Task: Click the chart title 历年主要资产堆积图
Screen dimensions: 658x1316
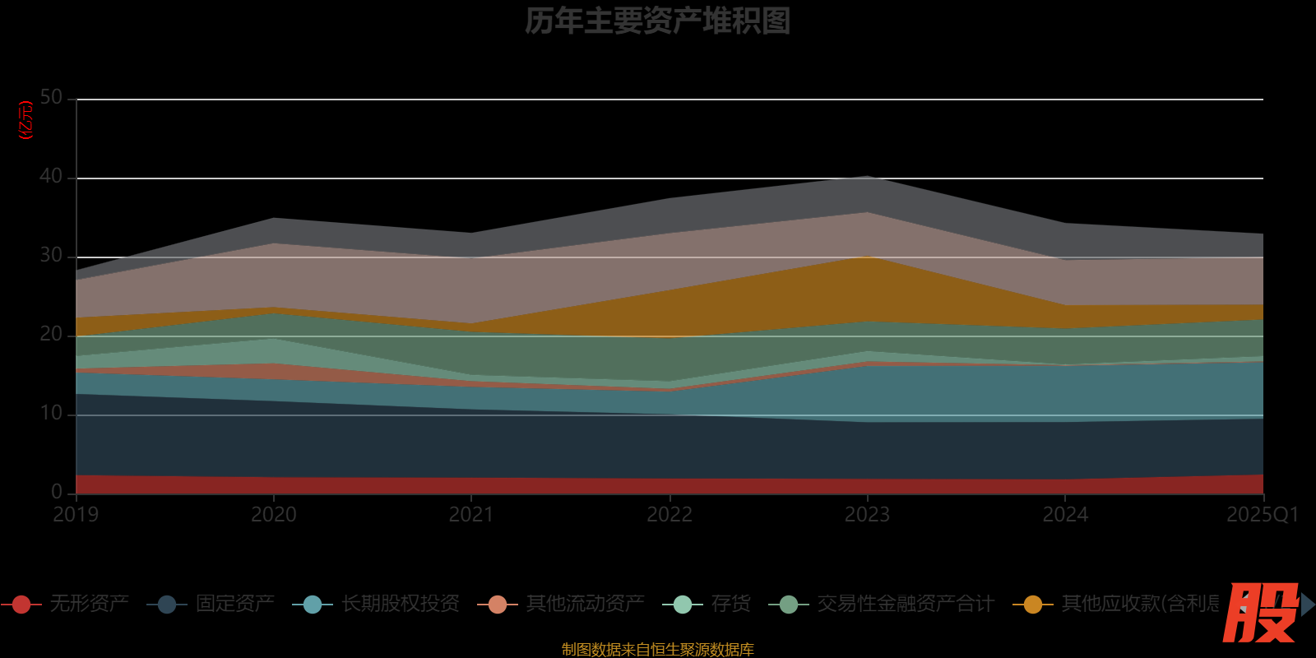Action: point(657,21)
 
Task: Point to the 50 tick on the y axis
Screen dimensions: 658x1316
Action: point(51,98)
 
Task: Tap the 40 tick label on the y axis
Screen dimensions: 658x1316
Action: point(51,177)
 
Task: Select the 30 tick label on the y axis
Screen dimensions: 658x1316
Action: point(51,256)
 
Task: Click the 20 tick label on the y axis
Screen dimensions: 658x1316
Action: point(51,335)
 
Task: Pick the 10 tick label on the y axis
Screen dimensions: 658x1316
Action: point(51,414)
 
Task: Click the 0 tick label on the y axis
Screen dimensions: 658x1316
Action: point(57,492)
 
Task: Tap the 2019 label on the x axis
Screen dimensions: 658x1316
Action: point(76,515)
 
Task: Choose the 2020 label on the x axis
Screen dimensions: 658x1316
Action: point(273,515)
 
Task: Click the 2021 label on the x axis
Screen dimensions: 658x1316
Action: point(471,515)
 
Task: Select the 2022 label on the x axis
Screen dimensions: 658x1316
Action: point(670,515)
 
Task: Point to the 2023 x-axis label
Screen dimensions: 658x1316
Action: point(867,515)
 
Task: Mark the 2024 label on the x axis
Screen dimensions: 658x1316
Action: point(1065,515)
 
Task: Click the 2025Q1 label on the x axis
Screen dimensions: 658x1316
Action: point(1262,515)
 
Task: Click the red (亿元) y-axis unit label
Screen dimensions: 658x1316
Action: point(26,120)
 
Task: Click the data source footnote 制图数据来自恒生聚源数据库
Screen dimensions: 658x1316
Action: point(657,650)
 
